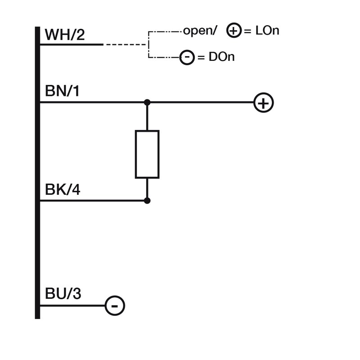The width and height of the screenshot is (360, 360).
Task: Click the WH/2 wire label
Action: click(x=65, y=35)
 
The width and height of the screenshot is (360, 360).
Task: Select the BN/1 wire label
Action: click(x=62, y=92)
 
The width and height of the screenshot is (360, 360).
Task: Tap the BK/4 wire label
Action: click(x=63, y=190)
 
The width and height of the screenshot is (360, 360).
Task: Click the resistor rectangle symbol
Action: click(x=147, y=154)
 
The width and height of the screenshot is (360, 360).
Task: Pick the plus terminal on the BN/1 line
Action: click(x=264, y=103)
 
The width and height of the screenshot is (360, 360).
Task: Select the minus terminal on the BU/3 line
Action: click(x=115, y=306)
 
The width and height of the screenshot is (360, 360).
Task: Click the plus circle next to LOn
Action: click(x=233, y=31)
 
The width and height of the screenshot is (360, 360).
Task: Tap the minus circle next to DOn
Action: click(x=187, y=58)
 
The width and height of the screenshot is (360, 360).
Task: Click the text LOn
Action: click(x=267, y=31)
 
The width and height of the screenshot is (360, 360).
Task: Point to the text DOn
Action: click(x=221, y=58)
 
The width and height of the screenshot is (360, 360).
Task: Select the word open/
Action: click(x=200, y=31)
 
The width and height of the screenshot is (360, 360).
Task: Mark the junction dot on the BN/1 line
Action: click(x=147, y=103)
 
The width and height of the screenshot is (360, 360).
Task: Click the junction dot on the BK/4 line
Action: click(x=147, y=201)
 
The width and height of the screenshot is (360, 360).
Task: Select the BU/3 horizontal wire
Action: click(x=72, y=306)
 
